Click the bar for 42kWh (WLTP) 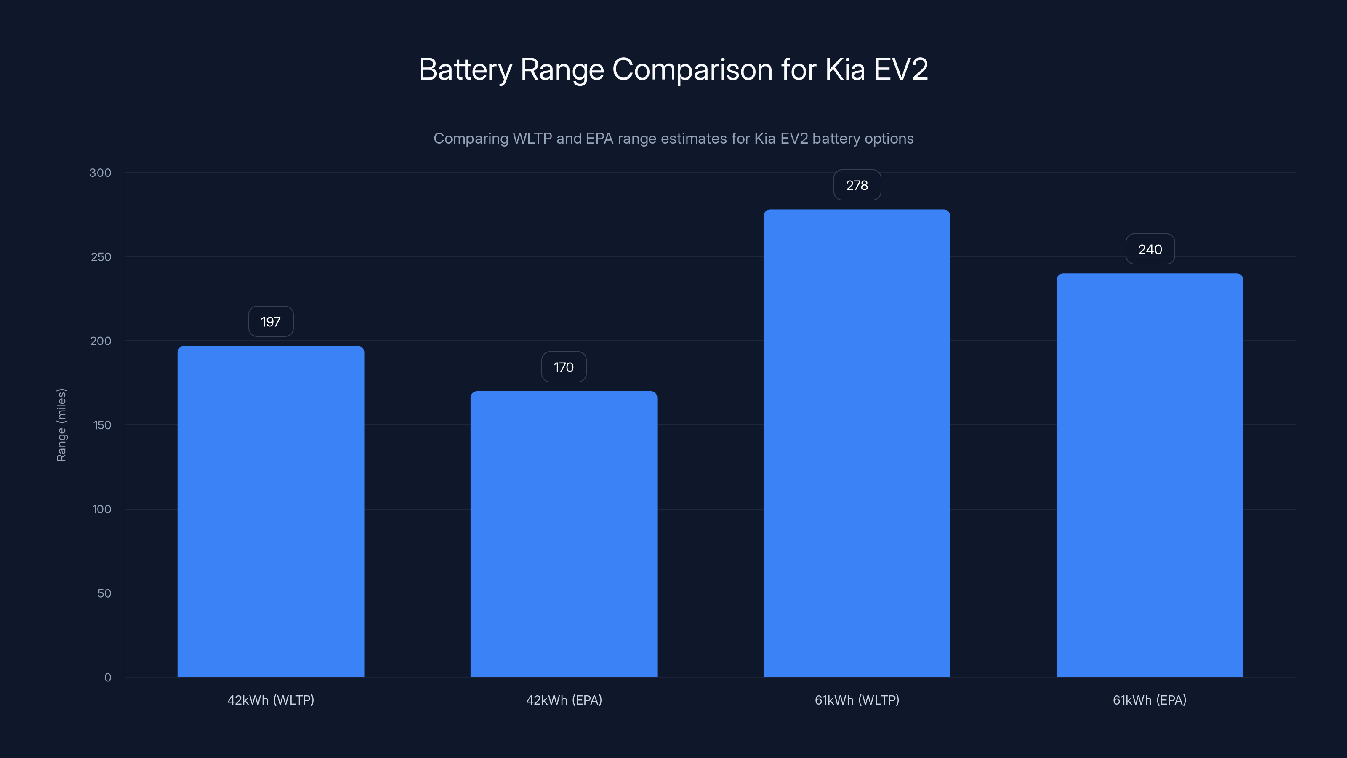click(270, 511)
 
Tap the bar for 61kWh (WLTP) click(857, 443)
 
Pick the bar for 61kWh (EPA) click(1149, 475)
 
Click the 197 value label click(270, 321)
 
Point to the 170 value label click(564, 367)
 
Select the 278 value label click(857, 185)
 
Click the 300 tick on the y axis click(101, 173)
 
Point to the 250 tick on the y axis click(101, 257)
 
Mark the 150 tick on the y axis click(102, 425)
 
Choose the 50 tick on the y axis click(104, 593)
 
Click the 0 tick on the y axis click(108, 678)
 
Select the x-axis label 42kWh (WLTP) click(270, 700)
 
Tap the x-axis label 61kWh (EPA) click(1149, 700)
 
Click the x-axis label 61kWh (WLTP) click(857, 700)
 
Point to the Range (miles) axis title click(61, 425)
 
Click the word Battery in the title click(465, 69)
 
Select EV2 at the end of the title click(900, 69)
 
